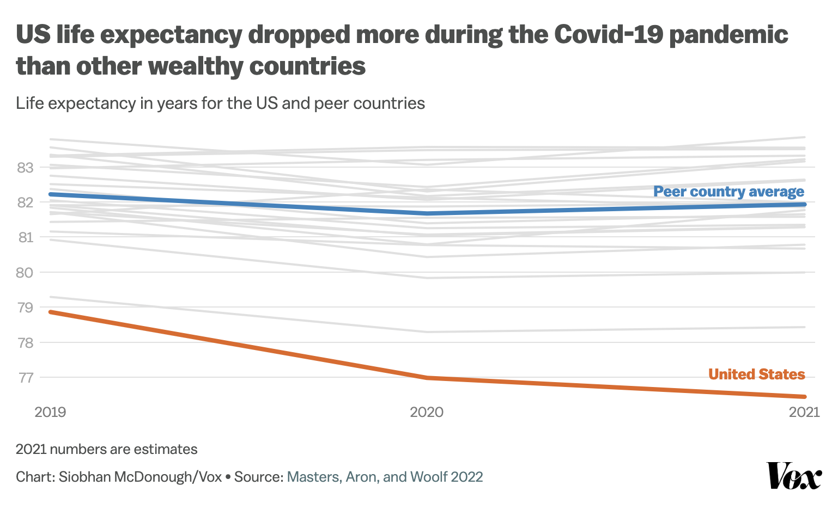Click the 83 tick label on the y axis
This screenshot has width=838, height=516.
point(25,168)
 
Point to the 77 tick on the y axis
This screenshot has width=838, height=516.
point(25,378)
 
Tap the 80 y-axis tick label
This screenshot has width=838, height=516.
point(25,273)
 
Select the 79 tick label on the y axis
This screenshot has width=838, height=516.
point(25,308)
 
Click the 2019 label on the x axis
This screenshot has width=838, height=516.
point(50,412)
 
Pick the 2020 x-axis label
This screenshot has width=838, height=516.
point(427,412)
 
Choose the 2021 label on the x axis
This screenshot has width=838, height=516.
point(804,412)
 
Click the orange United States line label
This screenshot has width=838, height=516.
point(756,374)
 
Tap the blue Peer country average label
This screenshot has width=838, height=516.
point(728,192)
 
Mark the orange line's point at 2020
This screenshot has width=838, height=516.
point(427,378)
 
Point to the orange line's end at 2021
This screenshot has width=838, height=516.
point(804,396)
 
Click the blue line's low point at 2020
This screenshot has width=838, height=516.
point(427,213)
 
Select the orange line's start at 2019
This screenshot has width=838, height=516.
point(50,312)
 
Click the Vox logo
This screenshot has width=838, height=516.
point(794,476)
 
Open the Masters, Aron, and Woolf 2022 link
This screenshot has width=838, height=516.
point(385,477)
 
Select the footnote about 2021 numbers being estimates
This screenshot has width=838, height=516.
point(107,450)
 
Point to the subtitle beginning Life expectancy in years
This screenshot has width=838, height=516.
point(220,103)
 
